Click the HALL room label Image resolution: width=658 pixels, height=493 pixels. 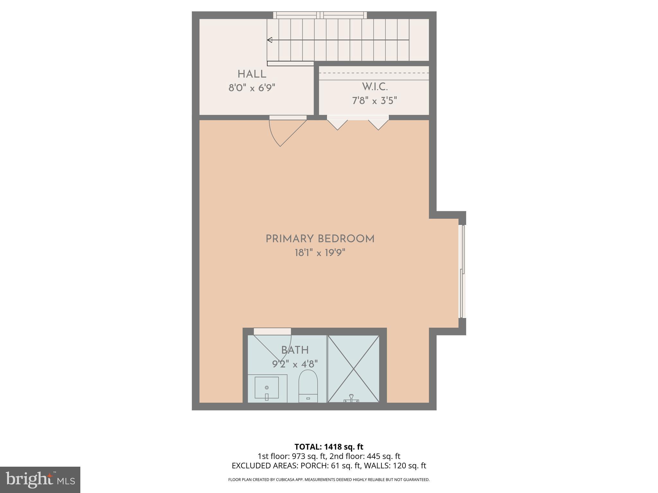pyautogui.click(x=252, y=74)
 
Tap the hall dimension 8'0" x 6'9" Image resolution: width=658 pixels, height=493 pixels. pyautogui.click(x=252, y=88)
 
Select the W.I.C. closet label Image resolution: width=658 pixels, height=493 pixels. pyautogui.click(x=375, y=87)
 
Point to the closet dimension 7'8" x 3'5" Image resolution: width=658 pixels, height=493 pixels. pyautogui.click(x=375, y=101)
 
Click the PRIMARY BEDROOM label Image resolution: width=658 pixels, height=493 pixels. pyautogui.click(x=320, y=239)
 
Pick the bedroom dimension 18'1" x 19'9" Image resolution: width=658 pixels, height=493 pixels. pyautogui.click(x=320, y=253)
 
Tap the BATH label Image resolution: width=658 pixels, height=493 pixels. pyautogui.click(x=295, y=350)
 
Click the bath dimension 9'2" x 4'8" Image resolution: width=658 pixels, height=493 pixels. pyautogui.click(x=295, y=364)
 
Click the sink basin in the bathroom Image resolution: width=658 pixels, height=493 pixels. pyautogui.click(x=267, y=389)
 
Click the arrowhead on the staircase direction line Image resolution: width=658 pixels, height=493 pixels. pyautogui.click(x=270, y=40)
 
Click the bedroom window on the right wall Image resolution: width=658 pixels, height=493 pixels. pyautogui.click(x=462, y=271)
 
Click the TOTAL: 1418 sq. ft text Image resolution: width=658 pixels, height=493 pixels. pyautogui.click(x=329, y=447)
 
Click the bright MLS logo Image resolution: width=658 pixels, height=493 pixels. pyautogui.click(x=40, y=480)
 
